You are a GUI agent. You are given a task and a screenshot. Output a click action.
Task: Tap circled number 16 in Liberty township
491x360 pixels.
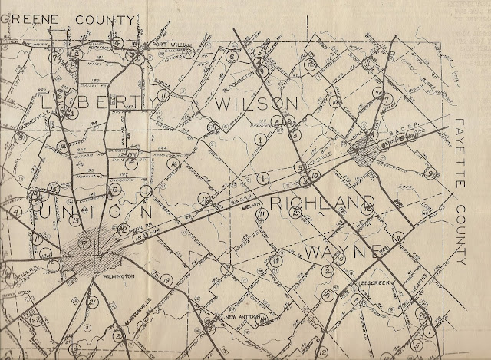click(x=173, y=164)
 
